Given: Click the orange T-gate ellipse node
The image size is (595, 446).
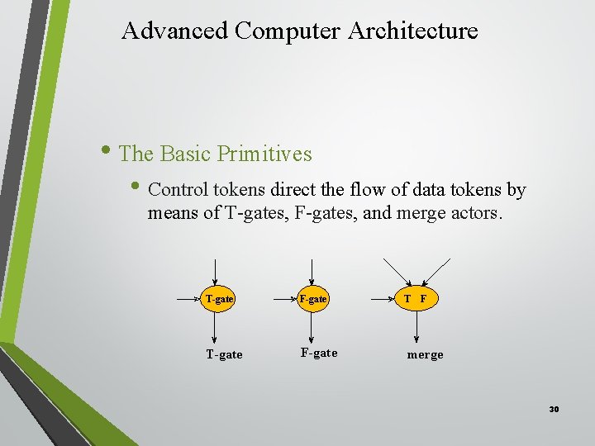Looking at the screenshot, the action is pyautogui.click(x=218, y=298).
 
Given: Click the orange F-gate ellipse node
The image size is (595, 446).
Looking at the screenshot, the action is pyautogui.click(x=312, y=298).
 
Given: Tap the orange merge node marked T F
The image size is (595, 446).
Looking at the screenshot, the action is pyautogui.click(x=416, y=298).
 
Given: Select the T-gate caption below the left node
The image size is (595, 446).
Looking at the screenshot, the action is pyautogui.click(x=224, y=354).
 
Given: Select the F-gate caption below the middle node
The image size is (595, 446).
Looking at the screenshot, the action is pyautogui.click(x=319, y=353).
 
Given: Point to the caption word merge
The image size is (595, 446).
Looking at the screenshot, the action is pyautogui.click(x=425, y=354).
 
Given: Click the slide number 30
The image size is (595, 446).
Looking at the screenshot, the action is pyautogui.click(x=554, y=409).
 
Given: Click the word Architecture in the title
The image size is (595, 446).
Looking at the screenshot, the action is pyautogui.click(x=413, y=31).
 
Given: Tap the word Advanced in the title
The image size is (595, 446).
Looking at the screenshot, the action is pyautogui.click(x=174, y=31).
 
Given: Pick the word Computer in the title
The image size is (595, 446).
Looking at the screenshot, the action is pyautogui.click(x=288, y=31).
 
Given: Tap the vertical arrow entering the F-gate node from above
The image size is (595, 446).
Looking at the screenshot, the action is pyautogui.click(x=312, y=272).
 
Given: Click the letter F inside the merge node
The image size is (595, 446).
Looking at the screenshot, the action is pyautogui.click(x=423, y=298).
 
